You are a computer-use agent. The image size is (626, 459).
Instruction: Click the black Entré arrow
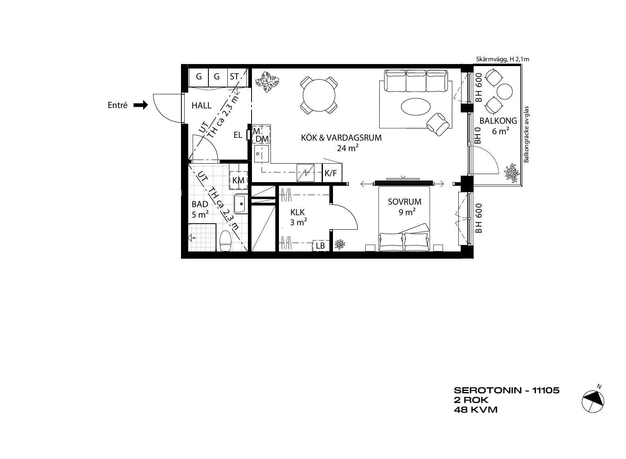coord(141,105)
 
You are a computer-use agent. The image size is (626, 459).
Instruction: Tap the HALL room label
coord(201,106)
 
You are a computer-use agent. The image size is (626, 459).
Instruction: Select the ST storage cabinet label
coord(234,77)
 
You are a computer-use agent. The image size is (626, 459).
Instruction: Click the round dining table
coord(319,95)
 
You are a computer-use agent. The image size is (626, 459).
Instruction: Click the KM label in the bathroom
coord(238,181)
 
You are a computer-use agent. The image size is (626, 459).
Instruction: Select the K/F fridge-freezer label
coord(331,174)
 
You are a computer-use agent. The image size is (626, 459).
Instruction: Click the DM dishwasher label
coord(262,139)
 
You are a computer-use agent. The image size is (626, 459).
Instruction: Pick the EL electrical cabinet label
coord(238,135)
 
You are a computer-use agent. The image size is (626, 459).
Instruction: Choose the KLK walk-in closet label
coord(297,212)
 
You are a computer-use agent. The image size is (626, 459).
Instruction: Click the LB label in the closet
coord(320,245)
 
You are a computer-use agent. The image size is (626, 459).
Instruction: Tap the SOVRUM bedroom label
coord(404,202)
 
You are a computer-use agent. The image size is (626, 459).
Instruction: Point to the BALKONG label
coord(498,121)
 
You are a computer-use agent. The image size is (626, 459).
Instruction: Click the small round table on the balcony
coord(505,91)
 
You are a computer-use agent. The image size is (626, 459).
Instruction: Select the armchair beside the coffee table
coord(438,124)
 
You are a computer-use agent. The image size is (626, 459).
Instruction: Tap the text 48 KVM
coord(476,410)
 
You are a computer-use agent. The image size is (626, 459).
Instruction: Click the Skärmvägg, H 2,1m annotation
coord(503,59)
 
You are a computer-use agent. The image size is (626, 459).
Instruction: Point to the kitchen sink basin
coord(261,154)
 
